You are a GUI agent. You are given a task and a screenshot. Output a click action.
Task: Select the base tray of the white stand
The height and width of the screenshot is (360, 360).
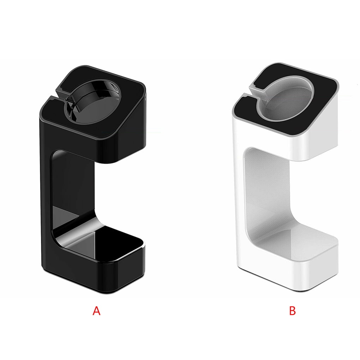click(300, 240)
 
